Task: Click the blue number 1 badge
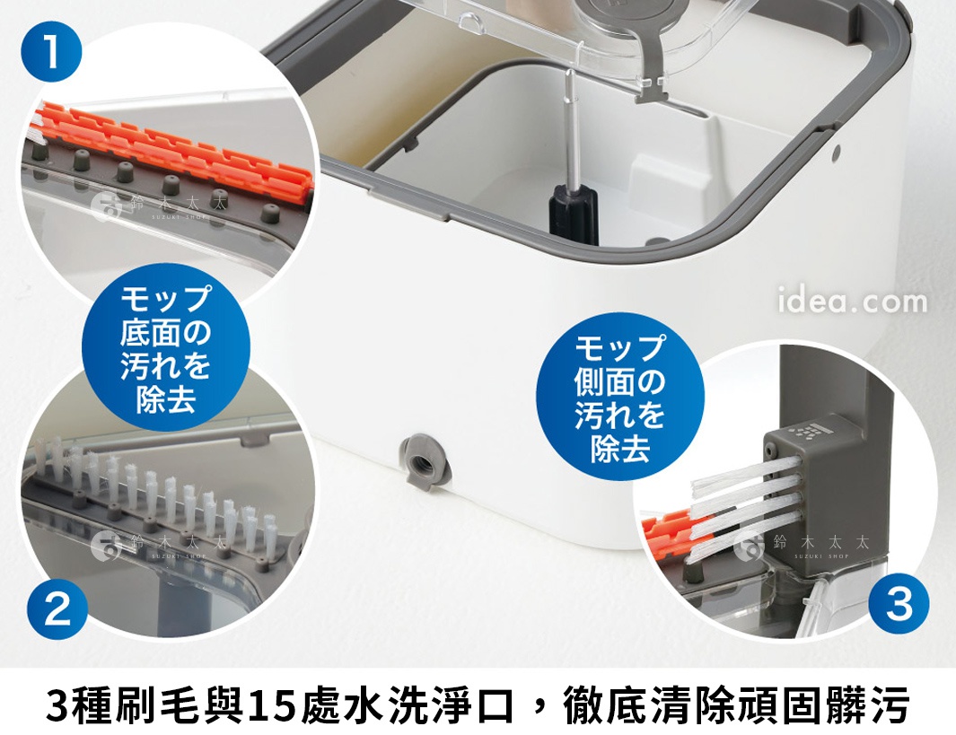[x=52, y=53]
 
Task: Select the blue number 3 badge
[x=899, y=604]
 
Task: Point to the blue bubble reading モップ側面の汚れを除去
[x=620, y=398]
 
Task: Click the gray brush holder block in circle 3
[x=813, y=467]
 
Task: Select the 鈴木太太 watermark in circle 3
[x=803, y=544]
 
